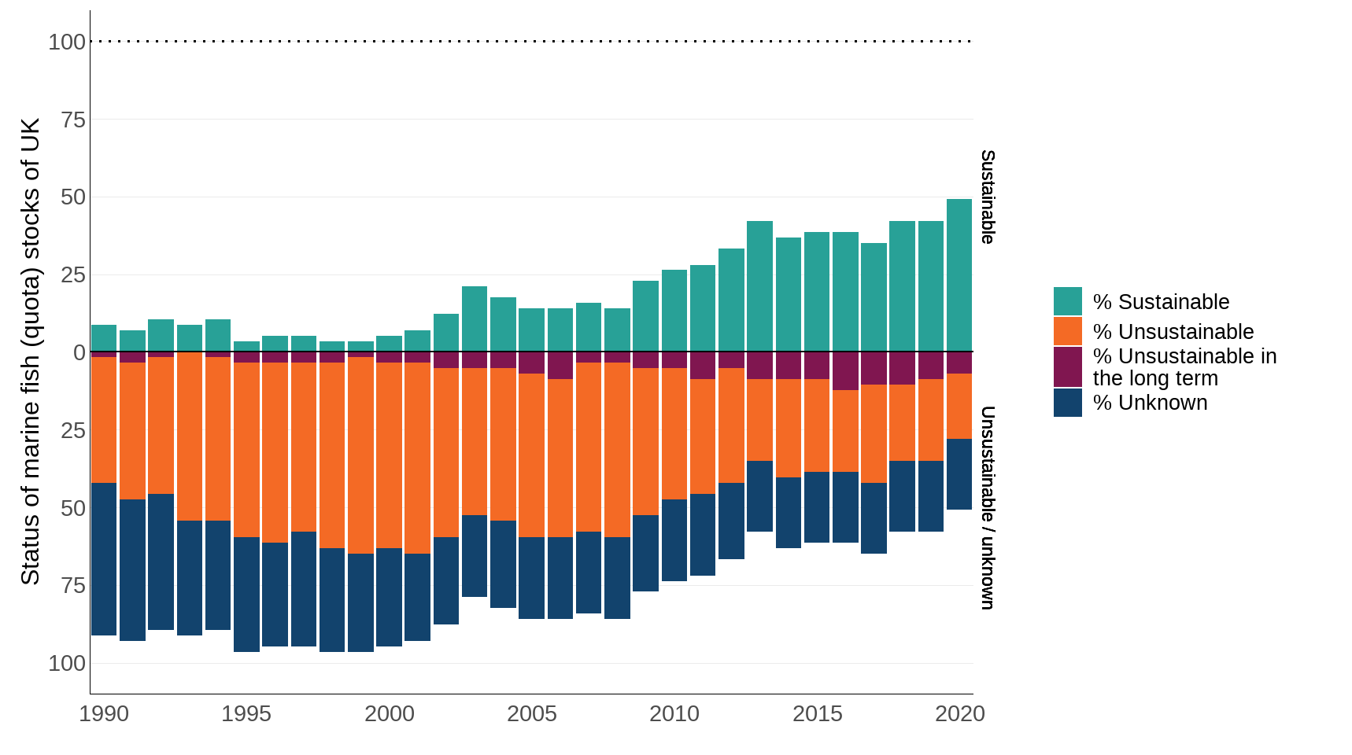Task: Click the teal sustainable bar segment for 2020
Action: coord(959,275)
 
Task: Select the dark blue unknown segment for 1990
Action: coord(104,558)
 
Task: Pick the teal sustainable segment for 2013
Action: coord(759,286)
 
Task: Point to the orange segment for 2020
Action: coord(959,406)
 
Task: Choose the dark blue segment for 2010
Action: coord(674,540)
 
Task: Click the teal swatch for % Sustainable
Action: coord(1067,301)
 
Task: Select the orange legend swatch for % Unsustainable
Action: coord(1067,331)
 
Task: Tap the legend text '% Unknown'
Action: coord(1150,403)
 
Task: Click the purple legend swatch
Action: coord(1067,366)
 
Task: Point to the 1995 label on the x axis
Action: coord(246,713)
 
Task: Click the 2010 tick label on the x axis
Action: coord(674,713)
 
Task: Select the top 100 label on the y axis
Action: coord(67,42)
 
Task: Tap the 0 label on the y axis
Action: coord(79,352)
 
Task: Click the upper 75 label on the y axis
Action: coord(72,120)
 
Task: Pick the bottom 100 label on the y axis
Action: coord(67,663)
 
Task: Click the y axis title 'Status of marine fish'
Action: coord(30,352)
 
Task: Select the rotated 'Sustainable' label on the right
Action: coord(987,197)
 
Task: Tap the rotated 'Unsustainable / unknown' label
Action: coord(987,507)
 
